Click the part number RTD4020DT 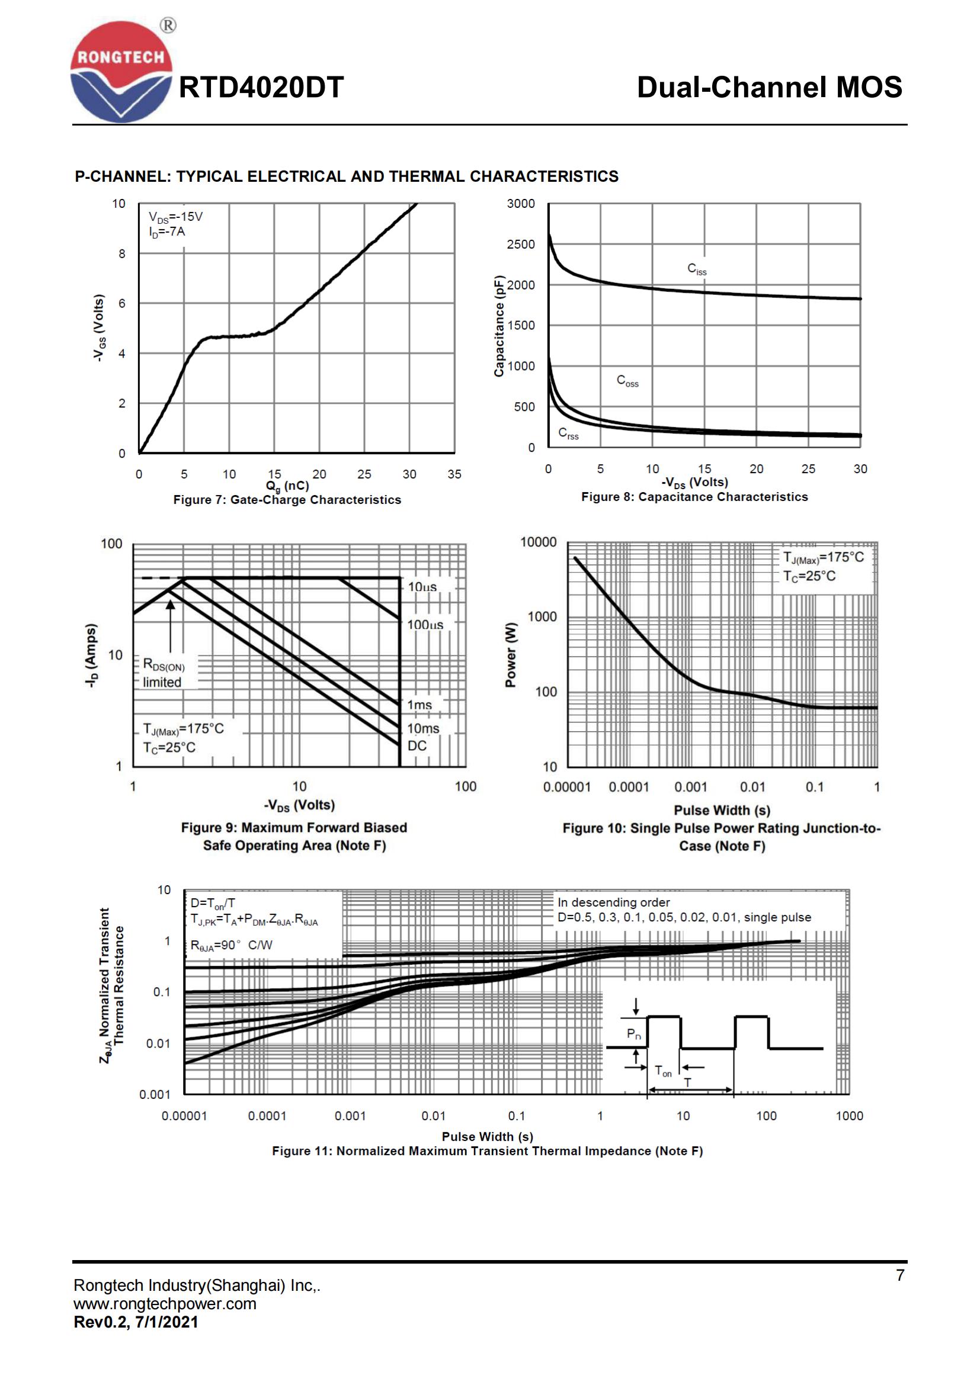[261, 88]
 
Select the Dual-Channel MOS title [770, 88]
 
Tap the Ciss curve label [696, 269]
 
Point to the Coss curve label [627, 381]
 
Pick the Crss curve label [568, 433]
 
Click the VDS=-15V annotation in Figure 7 [175, 217]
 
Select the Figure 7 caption [287, 500]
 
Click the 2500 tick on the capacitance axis [520, 245]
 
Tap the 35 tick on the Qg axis [454, 474]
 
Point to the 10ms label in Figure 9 [423, 728]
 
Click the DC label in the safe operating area [417, 745]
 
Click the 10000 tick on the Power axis [538, 542]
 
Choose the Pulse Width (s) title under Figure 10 [722, 810]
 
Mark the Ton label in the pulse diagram [662, 1072]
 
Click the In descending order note [613, 902]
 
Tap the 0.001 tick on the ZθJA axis [155, 1094]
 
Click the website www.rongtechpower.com [165, 1303]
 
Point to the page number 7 [900, 1275]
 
